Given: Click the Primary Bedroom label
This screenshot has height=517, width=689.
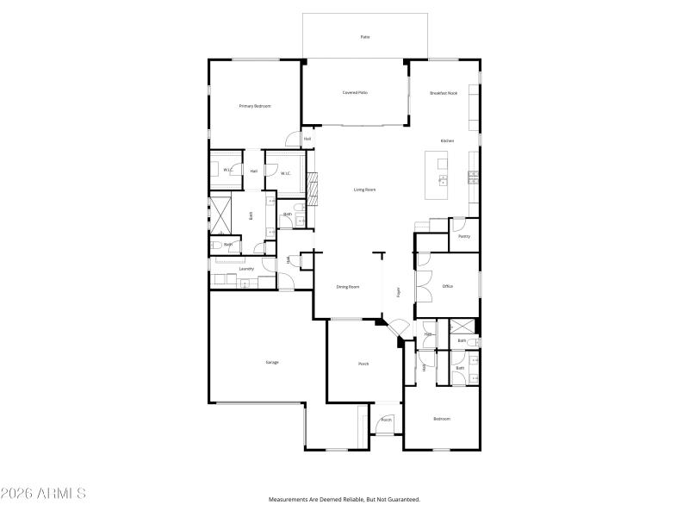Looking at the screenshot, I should coord(255,106).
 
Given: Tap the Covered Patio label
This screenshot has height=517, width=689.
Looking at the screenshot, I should coord(355,92).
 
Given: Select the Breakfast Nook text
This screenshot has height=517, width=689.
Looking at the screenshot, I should coord(444,92).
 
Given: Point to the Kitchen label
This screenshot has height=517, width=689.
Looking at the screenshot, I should coord(447,140).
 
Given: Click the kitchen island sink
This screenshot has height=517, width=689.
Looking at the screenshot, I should coord(443,180).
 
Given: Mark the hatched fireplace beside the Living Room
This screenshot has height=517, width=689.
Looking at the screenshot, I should coord(313,185).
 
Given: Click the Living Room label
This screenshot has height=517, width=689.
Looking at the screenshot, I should coord(365,190).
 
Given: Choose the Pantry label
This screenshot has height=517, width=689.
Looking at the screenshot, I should coord(464,236).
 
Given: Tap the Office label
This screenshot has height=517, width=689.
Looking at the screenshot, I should coord(448,286).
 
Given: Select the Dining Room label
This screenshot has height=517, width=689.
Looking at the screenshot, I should coord(348,286).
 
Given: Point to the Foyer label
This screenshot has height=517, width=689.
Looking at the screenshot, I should coord(398,291).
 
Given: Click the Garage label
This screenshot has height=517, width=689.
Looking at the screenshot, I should coord(271,362).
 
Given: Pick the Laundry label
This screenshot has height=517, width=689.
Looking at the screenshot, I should coord(246,269).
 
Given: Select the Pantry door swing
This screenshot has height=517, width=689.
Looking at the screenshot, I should coord(459,222).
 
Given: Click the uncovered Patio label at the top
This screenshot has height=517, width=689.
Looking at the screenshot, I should coord(364,37).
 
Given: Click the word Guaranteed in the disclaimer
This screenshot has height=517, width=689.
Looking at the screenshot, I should coord(401,499).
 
